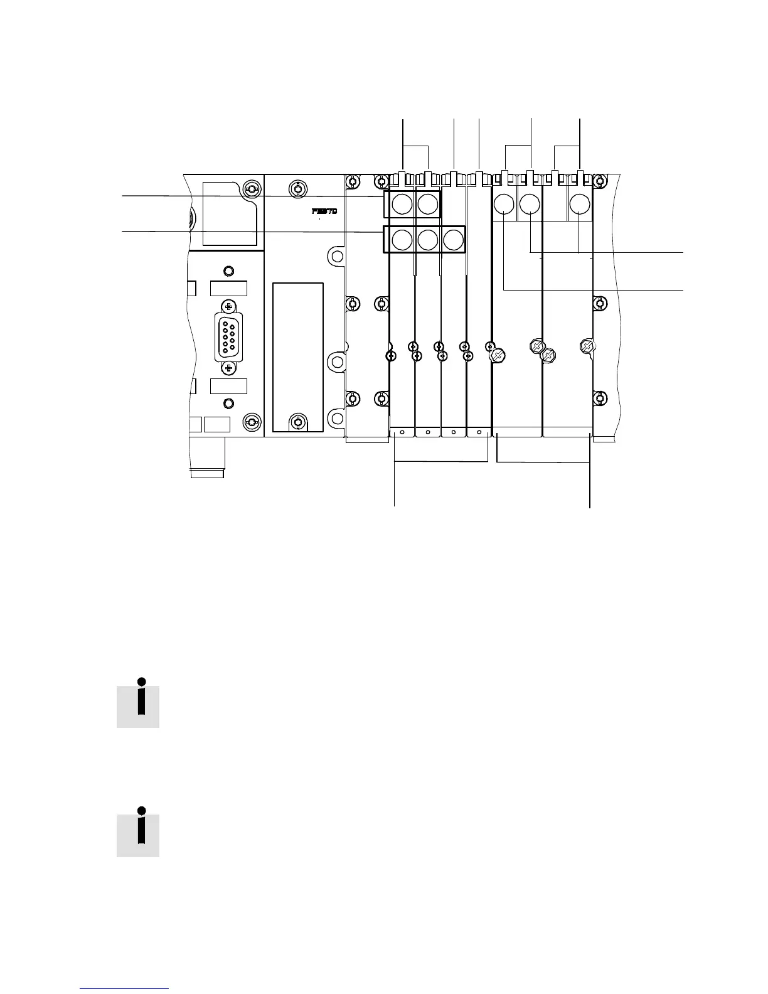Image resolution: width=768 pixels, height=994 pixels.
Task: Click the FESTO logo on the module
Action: [324, 211]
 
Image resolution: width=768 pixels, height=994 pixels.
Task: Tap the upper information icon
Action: [139, 703]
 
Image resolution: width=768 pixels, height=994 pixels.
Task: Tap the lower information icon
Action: [139, 831]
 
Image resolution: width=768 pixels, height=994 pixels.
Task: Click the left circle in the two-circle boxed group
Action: [402, 204]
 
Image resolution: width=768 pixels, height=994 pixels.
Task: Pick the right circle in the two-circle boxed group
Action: [427, 204]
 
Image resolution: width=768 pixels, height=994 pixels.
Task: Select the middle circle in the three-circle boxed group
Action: [427, 240]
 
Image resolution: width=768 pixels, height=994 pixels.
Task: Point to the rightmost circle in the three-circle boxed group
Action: [453, 240]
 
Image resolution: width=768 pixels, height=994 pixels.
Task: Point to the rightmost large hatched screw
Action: [586, 345]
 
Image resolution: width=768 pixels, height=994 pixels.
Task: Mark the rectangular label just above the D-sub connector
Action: [228, 289]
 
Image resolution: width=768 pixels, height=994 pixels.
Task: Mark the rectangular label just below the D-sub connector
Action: [228, 386]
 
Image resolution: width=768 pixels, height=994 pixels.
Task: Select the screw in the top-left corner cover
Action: [251, 190]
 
